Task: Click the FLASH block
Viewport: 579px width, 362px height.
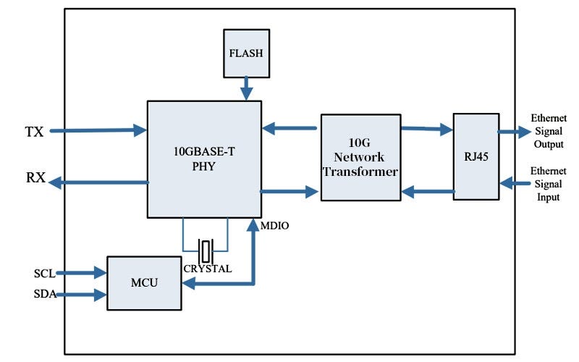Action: pos(247,53)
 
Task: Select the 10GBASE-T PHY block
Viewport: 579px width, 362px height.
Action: pos(204,159)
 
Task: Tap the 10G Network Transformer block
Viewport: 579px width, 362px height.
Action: pos(360,157)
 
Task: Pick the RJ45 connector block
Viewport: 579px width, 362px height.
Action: pos(476,156)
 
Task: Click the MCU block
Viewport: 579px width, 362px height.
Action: pos(144,283)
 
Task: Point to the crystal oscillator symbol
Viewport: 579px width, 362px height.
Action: pos(206,251)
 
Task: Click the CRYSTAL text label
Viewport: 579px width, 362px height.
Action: pos(208,269)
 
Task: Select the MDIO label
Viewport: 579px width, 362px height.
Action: pos(274,227)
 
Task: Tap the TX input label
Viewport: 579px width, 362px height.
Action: pos(34,132)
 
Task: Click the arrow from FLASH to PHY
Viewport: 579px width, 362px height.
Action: pos(247,88)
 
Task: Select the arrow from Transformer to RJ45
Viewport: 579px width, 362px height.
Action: pos(427,130)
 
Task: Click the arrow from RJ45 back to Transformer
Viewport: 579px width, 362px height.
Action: pos(427,192)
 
